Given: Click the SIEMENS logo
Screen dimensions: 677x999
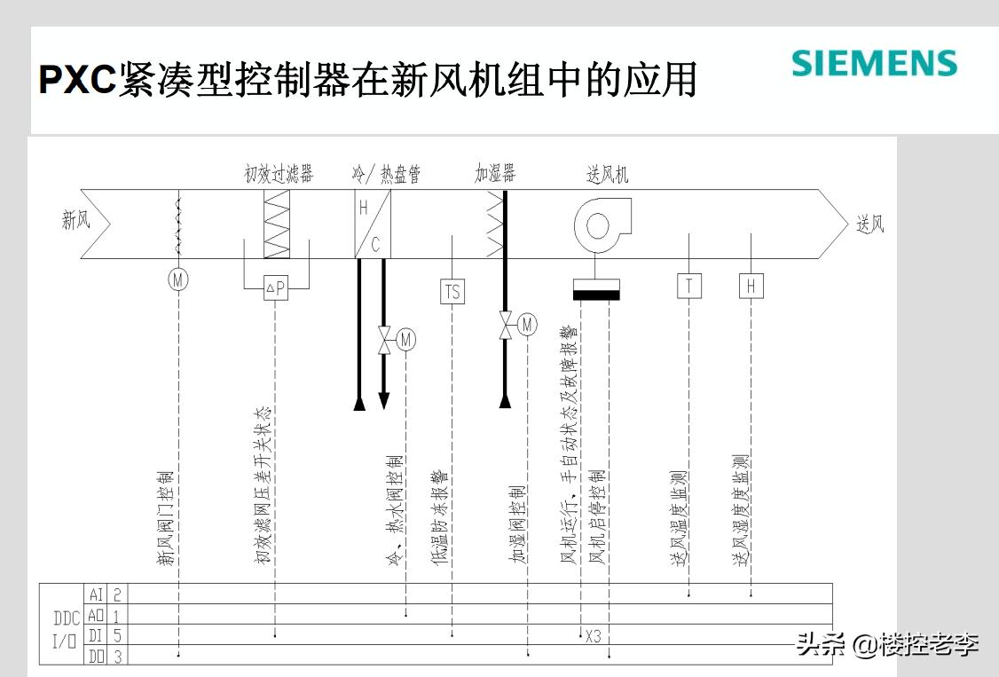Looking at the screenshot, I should click(874, 63).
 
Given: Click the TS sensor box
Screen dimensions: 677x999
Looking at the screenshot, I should click(452, 291).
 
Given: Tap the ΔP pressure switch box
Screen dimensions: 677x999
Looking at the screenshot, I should click(276, 287).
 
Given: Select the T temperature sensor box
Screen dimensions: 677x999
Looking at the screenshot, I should click(689, 286).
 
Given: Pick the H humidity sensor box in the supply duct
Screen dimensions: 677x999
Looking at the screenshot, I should click(751, 286).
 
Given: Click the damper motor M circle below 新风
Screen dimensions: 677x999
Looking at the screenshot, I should click(179, 279).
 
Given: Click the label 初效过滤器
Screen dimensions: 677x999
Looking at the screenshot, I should click(279, 174).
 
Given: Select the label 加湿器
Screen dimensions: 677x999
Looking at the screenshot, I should click(495, 174).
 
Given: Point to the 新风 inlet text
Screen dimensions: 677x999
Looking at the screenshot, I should click(76, 221).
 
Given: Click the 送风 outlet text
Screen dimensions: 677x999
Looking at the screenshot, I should click(870, 224).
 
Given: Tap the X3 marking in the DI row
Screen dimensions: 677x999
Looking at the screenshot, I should click(593, 636).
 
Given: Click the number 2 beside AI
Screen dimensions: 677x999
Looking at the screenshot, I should click(117, 594).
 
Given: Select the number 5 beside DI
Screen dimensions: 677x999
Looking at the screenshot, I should click(117, 635).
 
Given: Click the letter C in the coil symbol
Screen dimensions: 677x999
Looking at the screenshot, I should click(375, 245).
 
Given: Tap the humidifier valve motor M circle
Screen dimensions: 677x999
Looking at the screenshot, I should click(527, 325).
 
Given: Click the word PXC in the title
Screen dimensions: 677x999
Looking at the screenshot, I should click(77, 80).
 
